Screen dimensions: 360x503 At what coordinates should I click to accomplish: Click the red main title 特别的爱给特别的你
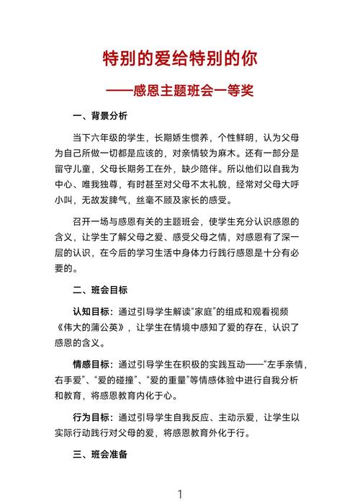tap(180, 58)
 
